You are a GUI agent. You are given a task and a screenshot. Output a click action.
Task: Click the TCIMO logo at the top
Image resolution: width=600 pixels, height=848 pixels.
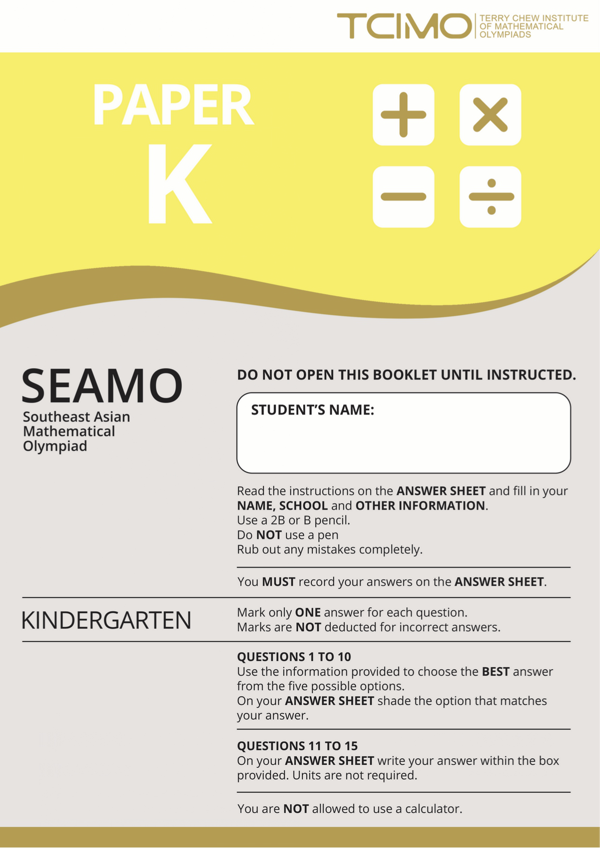pyautogui.click(x=404, y=26)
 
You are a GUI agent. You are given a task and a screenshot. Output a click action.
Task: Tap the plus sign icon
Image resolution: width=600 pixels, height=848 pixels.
pyautogui.click(x=403, y=115)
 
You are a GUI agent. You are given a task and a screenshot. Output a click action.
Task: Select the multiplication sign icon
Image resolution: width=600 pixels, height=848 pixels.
pyautogui.click(x=490, y=115)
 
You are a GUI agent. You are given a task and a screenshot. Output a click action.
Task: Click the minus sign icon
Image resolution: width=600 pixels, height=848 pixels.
pyautogui.click(x=403, y=197)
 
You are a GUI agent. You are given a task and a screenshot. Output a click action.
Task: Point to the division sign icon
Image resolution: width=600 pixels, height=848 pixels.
pyautogui.click(x=490, y=197)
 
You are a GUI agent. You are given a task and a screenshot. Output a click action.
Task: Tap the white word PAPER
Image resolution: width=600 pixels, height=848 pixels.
pyautogui.click(x=173, y=105)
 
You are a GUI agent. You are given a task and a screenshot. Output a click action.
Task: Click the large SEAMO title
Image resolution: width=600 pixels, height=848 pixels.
pyautogui.click(x=102, y=386)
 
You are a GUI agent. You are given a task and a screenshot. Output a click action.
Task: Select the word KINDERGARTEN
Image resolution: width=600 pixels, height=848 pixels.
pyautogui.click(x=106, y=620)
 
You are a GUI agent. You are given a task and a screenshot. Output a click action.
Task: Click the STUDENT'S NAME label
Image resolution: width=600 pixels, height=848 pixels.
pyautogui.click(x=312, y=410)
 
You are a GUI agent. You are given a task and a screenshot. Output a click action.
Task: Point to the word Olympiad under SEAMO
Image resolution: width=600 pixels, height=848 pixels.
pyautogui.click(x=55, y=446)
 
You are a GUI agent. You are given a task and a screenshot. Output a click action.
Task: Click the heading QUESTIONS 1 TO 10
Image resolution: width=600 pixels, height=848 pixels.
pyautogui.click(x=294, y=657)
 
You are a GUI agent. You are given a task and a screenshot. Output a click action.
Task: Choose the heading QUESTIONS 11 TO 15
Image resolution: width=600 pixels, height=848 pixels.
pyautogui.click(x=297, y=746)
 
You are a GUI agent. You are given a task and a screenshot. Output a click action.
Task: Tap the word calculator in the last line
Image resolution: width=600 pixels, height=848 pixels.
pyautogui.click(x=433, y=808)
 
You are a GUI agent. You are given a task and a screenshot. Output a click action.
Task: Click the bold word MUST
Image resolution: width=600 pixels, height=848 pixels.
pyautogui.click(x=278, y=582)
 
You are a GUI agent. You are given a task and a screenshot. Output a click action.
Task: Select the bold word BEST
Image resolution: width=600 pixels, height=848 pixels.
pyautogui.click(x=496, y=672)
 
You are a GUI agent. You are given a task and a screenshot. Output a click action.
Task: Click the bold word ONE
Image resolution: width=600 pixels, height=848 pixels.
pyautogui.click(x=308, y=613)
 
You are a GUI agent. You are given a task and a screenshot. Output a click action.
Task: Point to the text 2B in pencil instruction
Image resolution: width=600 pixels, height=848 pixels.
pyautogui.click(x=278, y=520)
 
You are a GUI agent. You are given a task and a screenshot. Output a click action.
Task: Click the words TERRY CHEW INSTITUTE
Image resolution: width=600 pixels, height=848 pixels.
pyautogui.click(x=534, y=18)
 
